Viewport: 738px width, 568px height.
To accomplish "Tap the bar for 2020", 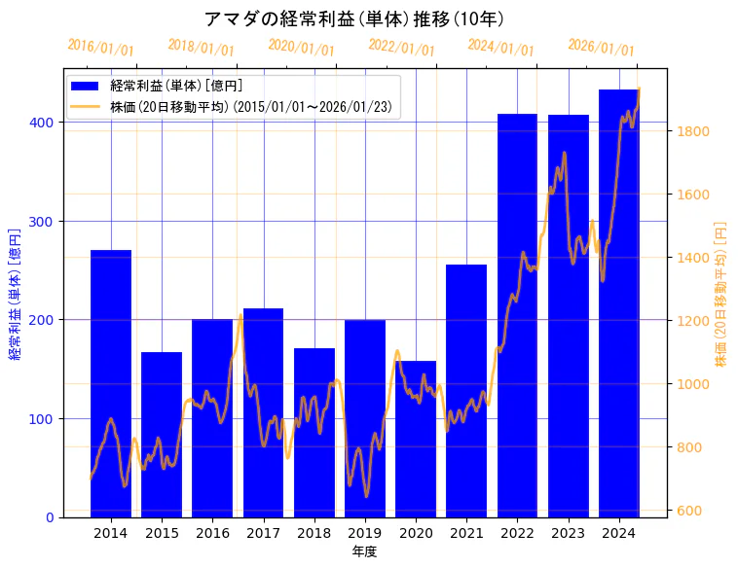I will (x=416, y=439).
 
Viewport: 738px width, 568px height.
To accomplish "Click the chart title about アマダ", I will (x=354, y=18).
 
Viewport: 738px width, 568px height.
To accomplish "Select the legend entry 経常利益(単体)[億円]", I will (x=176, y=87).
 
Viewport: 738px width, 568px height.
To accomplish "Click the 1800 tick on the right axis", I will (x=694, y=131).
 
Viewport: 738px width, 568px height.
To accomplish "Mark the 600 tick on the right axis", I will (x=690, y=511).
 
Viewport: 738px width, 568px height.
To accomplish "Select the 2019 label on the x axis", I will (x=365, y=532).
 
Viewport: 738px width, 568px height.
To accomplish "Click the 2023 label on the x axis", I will (x=568, y=532).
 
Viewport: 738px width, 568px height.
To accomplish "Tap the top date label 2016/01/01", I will (x=100, y=48).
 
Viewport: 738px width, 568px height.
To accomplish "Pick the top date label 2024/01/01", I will (x=500, y=48).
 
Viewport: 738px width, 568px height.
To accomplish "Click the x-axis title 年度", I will (x=364, y=551).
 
